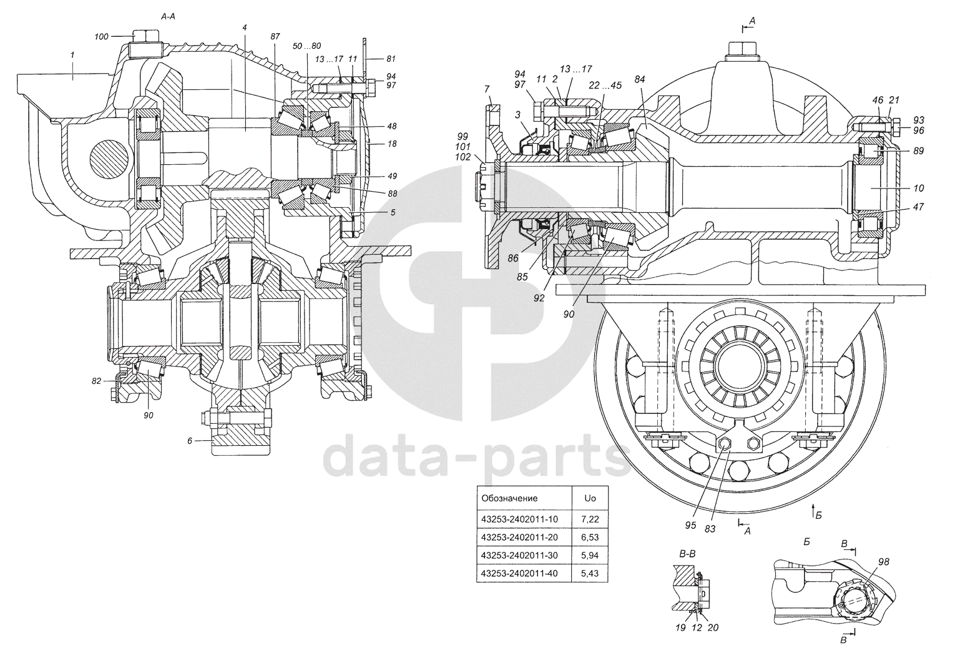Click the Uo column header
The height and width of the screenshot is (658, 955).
click(x=589, y=499)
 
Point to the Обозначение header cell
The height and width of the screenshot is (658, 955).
click(x=509, y=499)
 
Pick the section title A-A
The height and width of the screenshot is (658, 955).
click(x=169, y=18)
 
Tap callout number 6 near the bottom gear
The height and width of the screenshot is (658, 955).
click(x=189, y=441)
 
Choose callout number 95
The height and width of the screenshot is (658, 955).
click(x=690, y=526)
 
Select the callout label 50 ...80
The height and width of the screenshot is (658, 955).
click(x=307, y=46)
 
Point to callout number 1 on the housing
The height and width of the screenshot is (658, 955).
click(x=72, y=56)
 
